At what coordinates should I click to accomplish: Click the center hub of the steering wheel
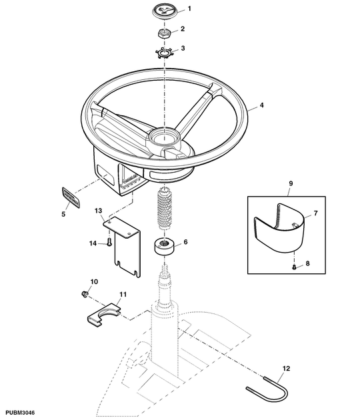coord(162,138)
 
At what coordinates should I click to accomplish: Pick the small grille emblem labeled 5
coord(68,198)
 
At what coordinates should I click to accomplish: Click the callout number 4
coord(261,106)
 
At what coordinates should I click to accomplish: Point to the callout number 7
coord(316,213)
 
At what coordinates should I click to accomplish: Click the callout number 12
coord(287,367)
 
